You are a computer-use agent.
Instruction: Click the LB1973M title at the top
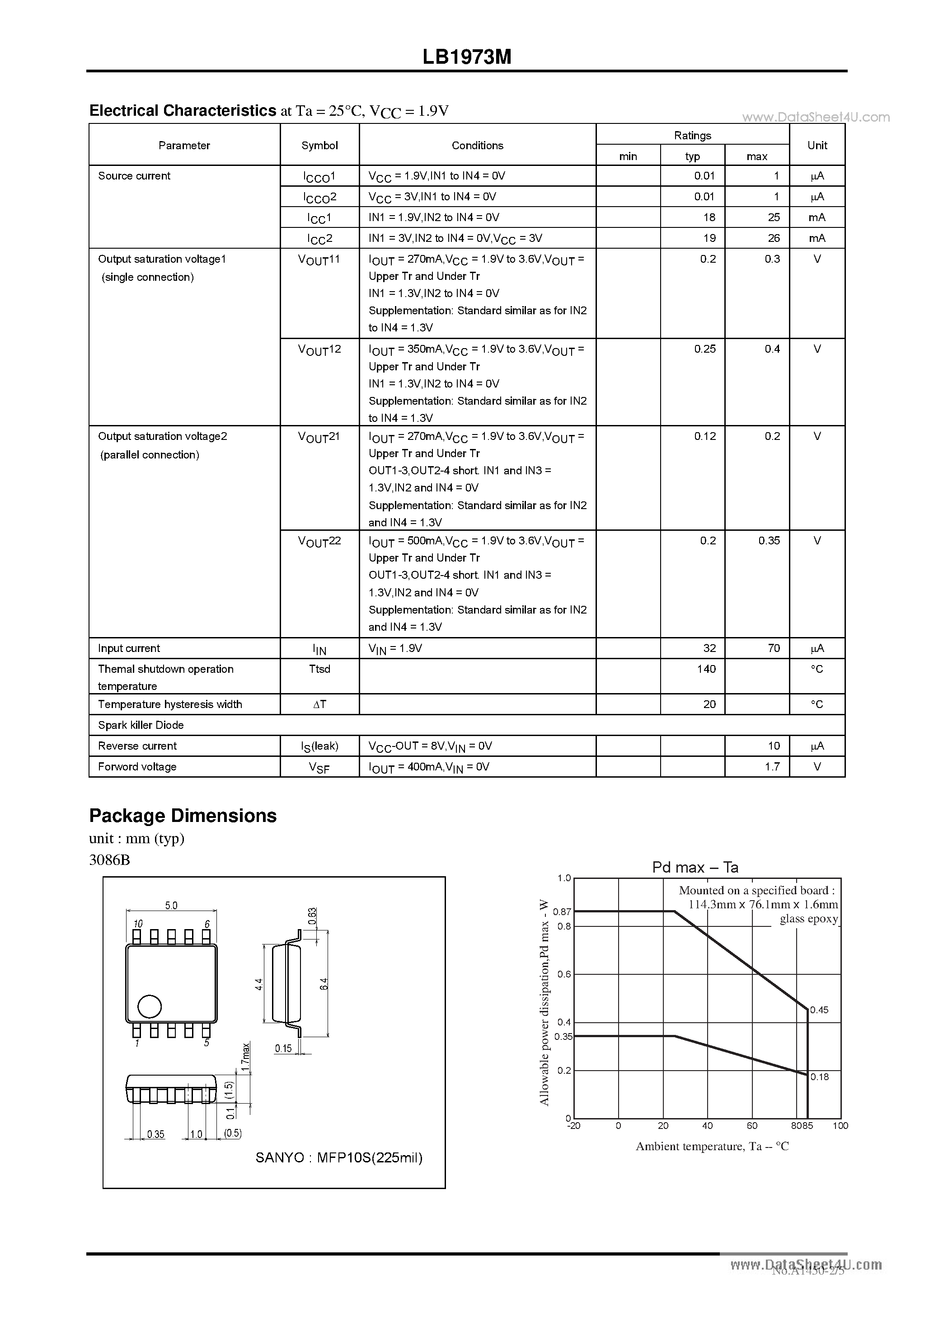tap(467, 57)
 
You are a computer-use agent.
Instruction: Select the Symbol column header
tap(319, 146)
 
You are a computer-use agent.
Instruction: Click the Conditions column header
tap(477, 146)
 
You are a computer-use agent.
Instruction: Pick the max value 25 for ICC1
tap(774, 217)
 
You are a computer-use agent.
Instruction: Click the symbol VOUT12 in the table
tap(319, 349)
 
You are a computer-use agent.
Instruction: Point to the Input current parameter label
tap(129, 648)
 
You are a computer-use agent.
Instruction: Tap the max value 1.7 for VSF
tap(772, 767)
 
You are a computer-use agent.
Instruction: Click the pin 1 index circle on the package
tap(150, 1006)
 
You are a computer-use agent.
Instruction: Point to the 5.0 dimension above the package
tap(171, 905)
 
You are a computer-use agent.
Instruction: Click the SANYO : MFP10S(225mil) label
tap(339, 1157)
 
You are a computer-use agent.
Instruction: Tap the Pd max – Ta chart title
tap(695, 867)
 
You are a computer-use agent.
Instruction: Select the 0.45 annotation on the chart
tap(819, 1010)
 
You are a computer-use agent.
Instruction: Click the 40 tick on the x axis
tap(707, 1126)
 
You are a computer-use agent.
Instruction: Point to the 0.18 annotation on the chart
tap(819, 1076)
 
